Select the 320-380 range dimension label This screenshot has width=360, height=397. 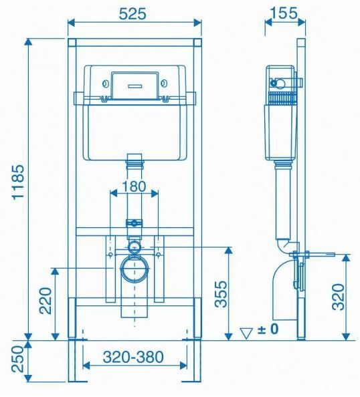tap(133, 357)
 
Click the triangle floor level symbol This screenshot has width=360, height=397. tap(246, 329)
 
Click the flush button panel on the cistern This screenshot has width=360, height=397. tap(134, 84)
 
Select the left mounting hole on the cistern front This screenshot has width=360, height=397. tap(106, 84)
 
